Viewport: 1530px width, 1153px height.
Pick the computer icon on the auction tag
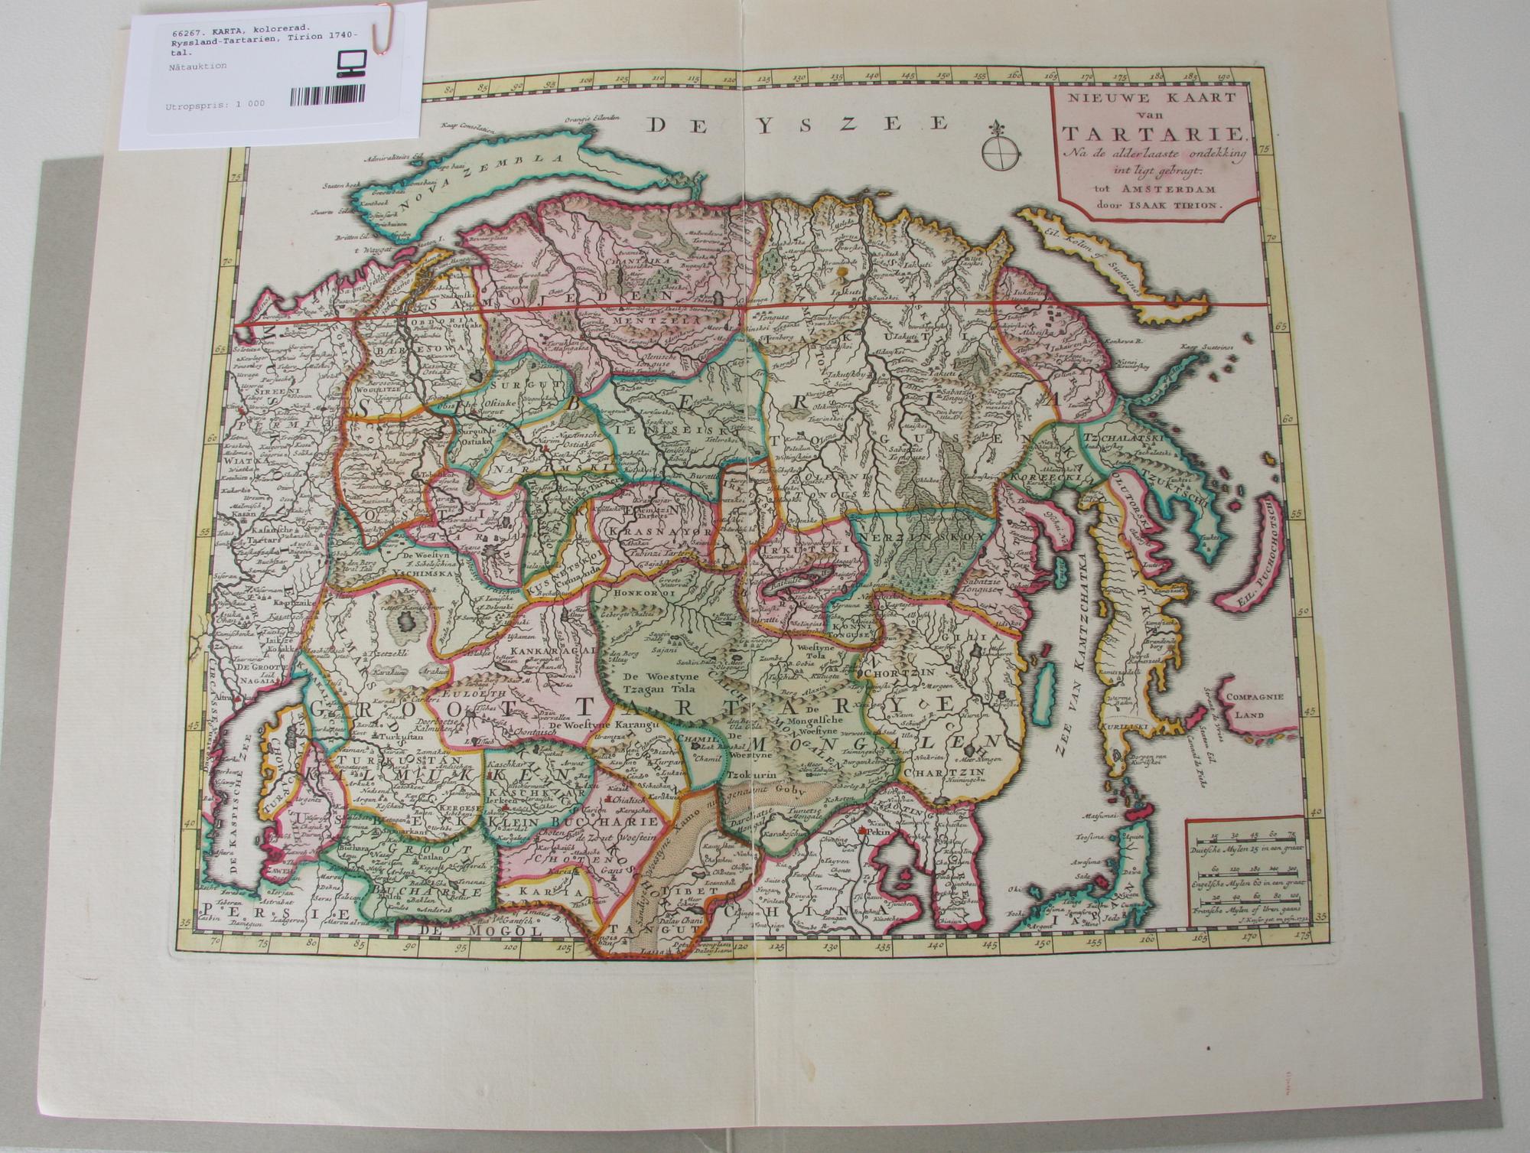348,65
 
